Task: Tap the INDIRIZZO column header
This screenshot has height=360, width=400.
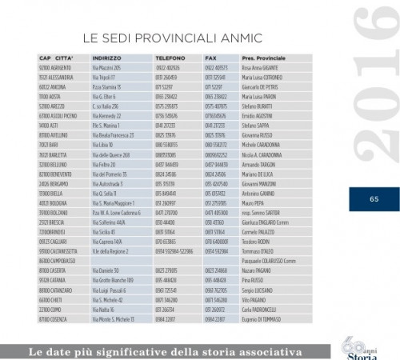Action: (x=107, y=58)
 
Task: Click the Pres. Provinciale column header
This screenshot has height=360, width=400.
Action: (x=264, y=58)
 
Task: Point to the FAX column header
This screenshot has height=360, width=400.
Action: (x=210, y=58)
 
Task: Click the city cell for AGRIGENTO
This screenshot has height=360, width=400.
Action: (x=54, y=67)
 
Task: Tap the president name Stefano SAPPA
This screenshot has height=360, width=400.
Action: (x=256, y=126)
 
